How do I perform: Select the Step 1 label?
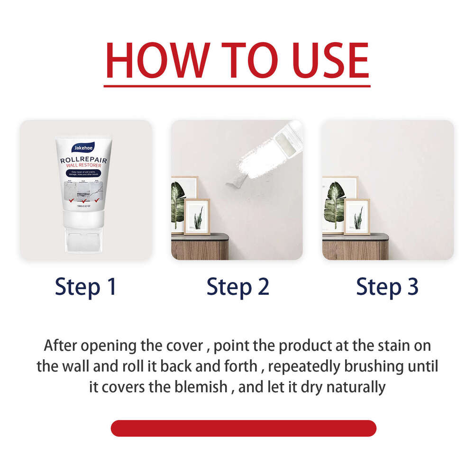pos(86,287)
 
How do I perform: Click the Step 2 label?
pos(237,287)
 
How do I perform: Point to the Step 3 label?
pos(387,287)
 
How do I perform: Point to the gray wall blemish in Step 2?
pos(235,179)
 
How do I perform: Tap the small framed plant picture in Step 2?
pos(197,217)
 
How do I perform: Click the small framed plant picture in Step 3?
pos(356,217)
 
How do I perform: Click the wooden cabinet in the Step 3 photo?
pos(355,249)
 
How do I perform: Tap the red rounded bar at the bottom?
pos(243,428)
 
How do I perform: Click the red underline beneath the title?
pos(237,86)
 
